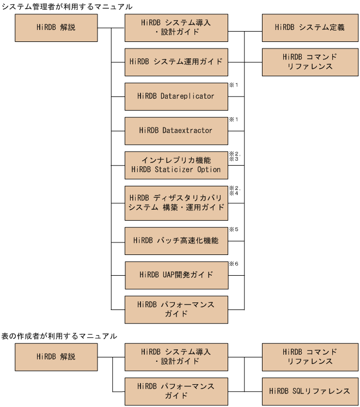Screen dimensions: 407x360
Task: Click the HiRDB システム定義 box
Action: pos(309,27)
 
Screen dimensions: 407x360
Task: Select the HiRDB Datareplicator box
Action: pos(176,96)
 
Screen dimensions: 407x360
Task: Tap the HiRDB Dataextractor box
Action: pos(176,131)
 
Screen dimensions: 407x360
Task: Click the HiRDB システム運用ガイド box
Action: pos(176,62)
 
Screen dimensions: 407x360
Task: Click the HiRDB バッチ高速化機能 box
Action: pos(176,240)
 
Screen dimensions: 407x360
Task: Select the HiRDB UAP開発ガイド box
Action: pos(176,275)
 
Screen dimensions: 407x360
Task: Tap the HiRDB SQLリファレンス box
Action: pos(309,391)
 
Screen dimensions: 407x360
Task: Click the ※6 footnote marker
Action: pos(234,264)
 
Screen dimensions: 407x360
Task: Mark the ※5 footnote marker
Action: pos(234,229)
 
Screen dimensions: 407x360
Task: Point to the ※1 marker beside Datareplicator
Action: pos(234,86)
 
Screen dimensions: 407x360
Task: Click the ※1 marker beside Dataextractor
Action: pos(234,119)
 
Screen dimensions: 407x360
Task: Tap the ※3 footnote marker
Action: pos(234,159)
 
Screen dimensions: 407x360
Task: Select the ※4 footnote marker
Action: pos(234,193)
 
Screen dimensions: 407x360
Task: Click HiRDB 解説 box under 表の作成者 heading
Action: pos(56,357)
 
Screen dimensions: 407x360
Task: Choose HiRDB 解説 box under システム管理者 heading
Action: pos(56,27)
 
